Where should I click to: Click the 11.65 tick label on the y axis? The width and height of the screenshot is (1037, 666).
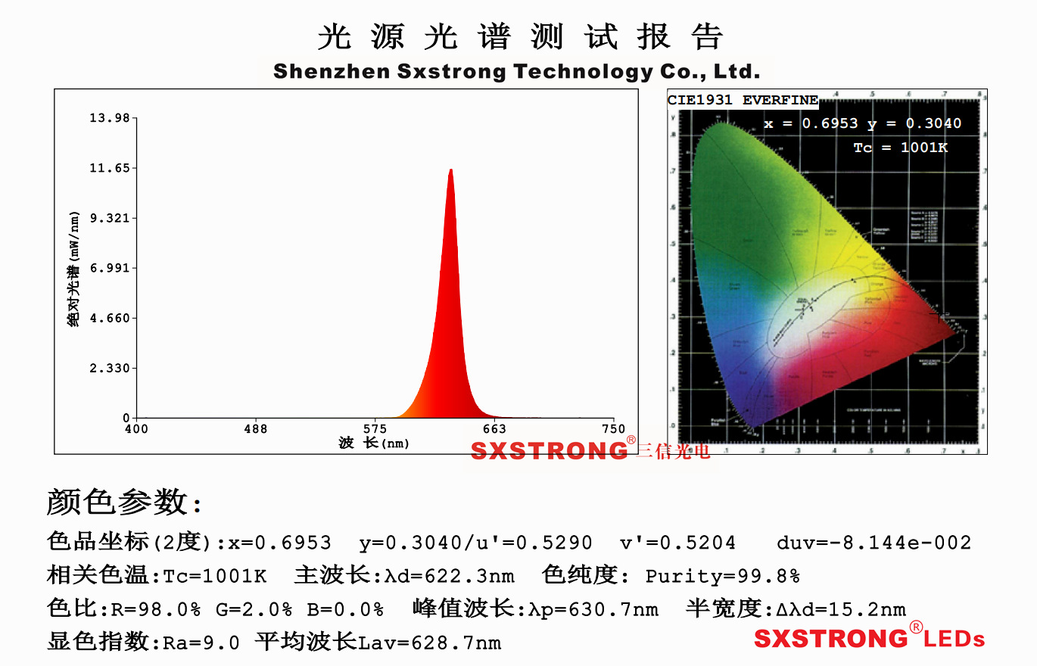point(110,168)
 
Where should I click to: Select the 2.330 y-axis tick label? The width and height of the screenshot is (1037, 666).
point(110,369)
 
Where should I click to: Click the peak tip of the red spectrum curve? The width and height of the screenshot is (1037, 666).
point(451,170)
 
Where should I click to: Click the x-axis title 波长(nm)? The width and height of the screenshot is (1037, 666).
point(374,443)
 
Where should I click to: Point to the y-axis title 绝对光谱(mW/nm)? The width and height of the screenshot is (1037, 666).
point(73,269)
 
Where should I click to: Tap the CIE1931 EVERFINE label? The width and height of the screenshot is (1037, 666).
point(743,101)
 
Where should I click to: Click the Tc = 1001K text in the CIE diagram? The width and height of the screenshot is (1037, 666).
point(900,148)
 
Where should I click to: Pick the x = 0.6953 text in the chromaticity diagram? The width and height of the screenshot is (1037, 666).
point(811,123)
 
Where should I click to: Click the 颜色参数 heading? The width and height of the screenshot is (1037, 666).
point(125,502)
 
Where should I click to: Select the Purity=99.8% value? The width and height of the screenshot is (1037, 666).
point(722,577)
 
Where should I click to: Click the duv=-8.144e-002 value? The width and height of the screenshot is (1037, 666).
point(874,543)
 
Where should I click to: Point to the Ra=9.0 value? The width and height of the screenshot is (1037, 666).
point(201,643)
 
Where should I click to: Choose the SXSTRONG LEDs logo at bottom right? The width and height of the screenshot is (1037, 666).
point(870,637)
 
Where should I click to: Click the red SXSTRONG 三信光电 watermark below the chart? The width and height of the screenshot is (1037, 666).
point(590,451)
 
